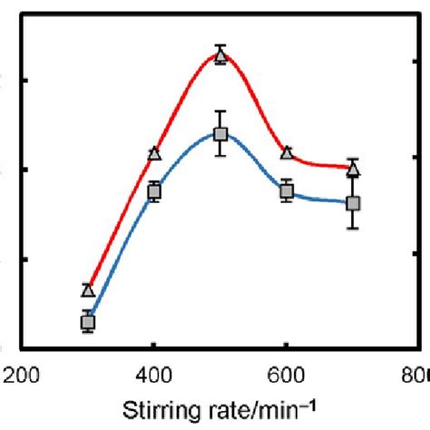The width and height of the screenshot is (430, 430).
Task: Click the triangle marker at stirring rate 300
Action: coord(88,290)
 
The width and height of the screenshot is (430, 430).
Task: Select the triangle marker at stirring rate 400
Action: coord(154,154)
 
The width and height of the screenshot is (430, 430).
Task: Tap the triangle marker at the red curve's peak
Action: coord(220,56)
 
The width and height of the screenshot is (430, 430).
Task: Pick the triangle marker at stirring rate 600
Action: coord(287,153)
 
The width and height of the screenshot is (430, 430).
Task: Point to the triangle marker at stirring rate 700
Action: coord(354,169)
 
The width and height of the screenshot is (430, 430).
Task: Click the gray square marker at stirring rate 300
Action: coord(88,322)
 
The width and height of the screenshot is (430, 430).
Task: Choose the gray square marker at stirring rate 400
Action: coord(154,191)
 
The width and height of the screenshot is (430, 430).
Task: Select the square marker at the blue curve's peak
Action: coord(220,134)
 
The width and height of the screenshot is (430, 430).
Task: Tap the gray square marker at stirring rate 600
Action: coord(287,191)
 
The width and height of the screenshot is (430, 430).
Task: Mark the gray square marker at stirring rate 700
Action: coord(354,203)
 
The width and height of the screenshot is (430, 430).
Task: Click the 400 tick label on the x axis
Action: coord(154,374)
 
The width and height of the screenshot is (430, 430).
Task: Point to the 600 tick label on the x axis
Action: coord(287,374)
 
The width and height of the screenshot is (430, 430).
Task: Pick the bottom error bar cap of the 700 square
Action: coord(354,229)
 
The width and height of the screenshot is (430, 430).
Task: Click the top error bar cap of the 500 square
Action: coord(220,111)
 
